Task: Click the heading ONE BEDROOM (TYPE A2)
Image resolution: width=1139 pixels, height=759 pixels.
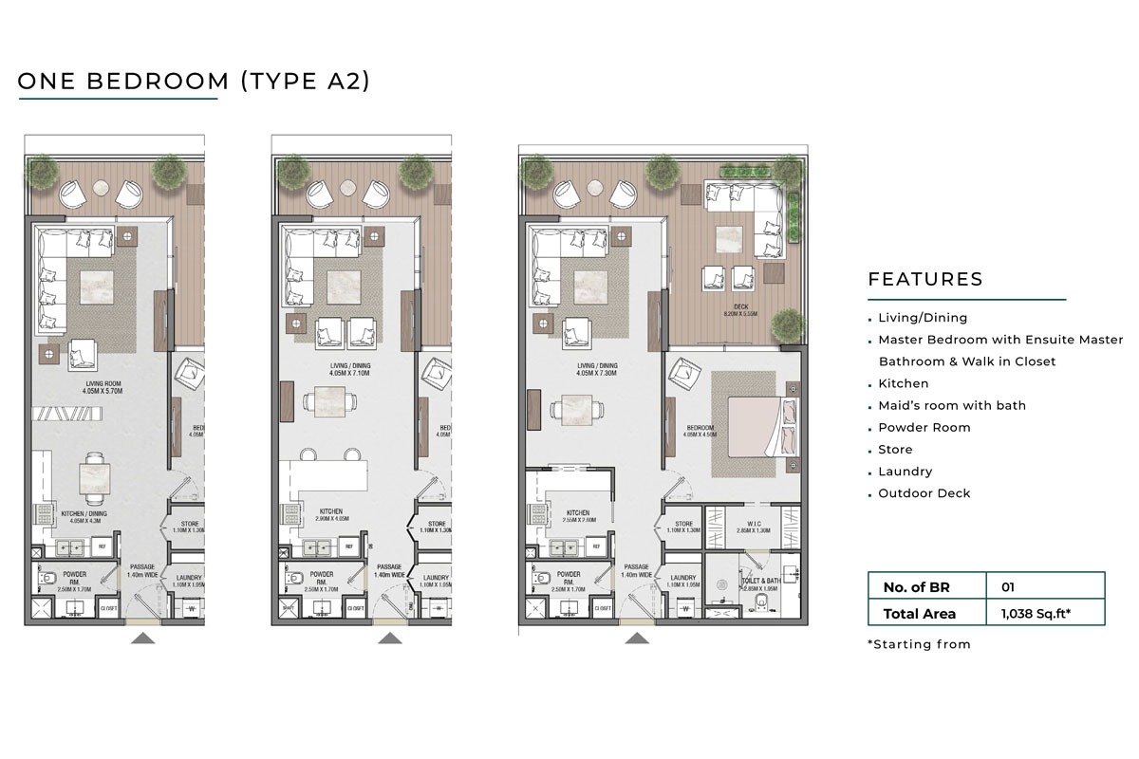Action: tap(194, 81)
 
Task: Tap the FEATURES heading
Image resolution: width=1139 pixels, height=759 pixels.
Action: tap(925, 280)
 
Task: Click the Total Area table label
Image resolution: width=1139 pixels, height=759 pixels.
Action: tap(920, 614)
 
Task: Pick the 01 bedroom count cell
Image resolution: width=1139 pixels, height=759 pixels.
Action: tap(1008, 587)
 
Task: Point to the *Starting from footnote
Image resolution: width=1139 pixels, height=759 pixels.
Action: tap(920, 644)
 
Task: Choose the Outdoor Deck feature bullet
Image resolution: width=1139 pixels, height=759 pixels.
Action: tap(924, 493)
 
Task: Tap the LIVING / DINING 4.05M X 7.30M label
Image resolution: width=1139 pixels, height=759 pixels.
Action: tap(595, 369)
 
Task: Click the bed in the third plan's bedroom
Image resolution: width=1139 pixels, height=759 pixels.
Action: tap(760, 427)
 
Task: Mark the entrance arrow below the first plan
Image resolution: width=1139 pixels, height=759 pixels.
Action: tap(142, 639)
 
